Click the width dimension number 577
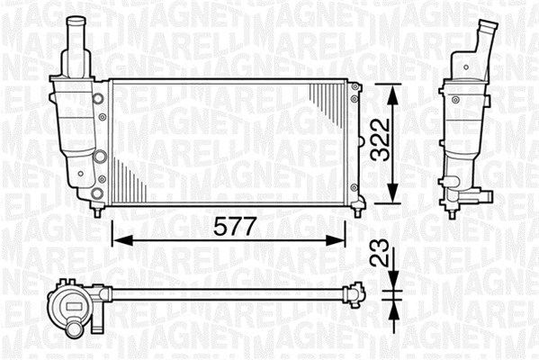229,227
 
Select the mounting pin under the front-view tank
97,211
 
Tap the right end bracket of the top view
356,292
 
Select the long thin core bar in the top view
225,292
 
